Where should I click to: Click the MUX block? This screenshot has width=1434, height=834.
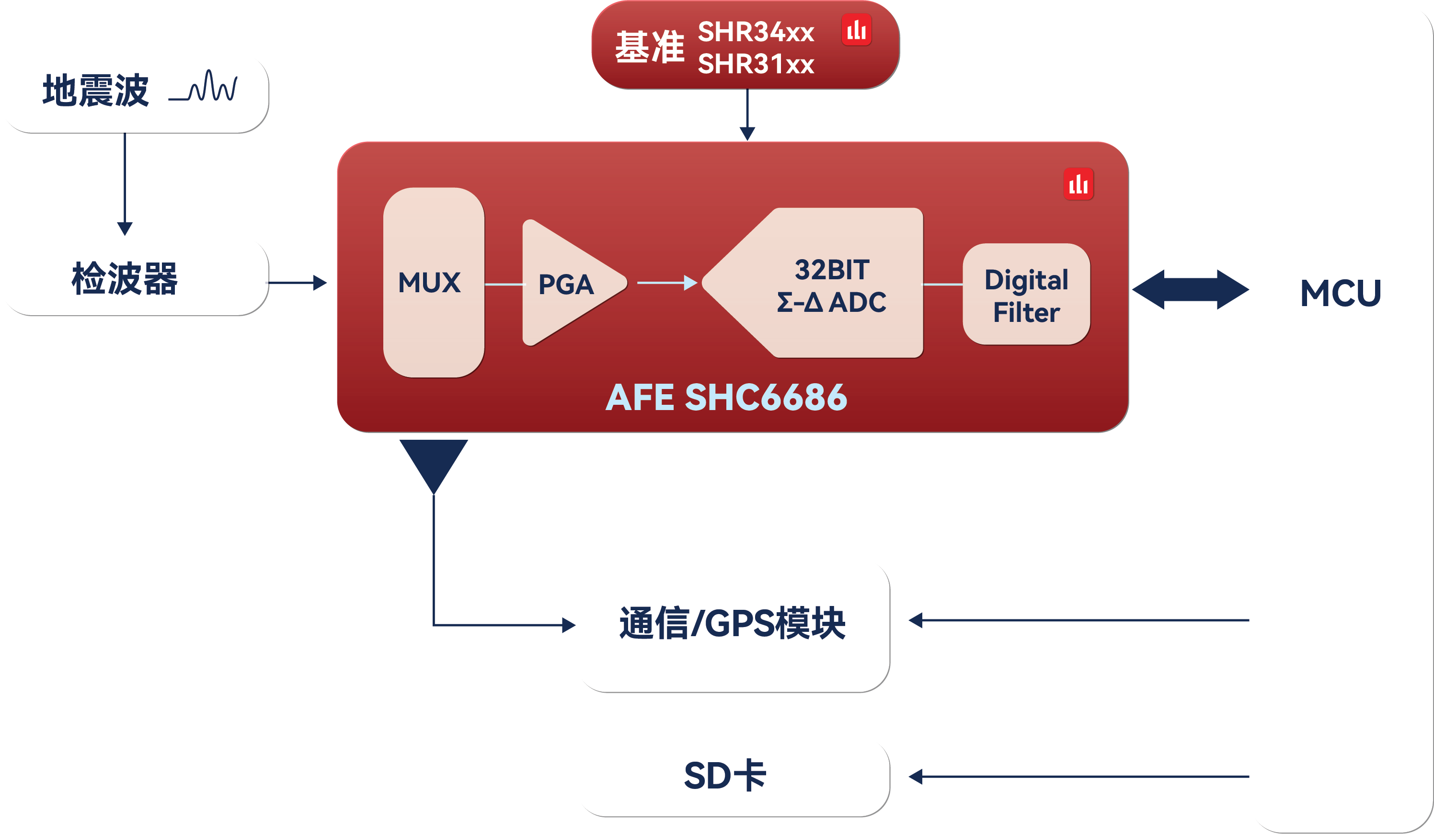tap(434, 283)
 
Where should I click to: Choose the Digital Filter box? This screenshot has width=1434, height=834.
tap(1026, 295)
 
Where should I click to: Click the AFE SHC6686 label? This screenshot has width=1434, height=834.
tap(726, 397)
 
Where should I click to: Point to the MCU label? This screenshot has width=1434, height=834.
tap(1341, 293)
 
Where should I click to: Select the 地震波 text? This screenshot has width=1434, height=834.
tap(96, 91)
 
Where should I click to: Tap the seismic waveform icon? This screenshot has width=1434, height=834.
tap(203, 87)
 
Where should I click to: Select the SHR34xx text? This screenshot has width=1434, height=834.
tap(756, 32)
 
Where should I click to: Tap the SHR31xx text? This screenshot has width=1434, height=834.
tap(756, 64)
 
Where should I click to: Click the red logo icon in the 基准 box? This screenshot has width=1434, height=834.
tap(856, 30)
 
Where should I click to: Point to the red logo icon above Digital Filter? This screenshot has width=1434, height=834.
tap(1078, 184)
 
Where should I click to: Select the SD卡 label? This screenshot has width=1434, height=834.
tap(725, 776)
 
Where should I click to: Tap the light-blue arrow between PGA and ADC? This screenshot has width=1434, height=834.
tap(667, 282)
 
